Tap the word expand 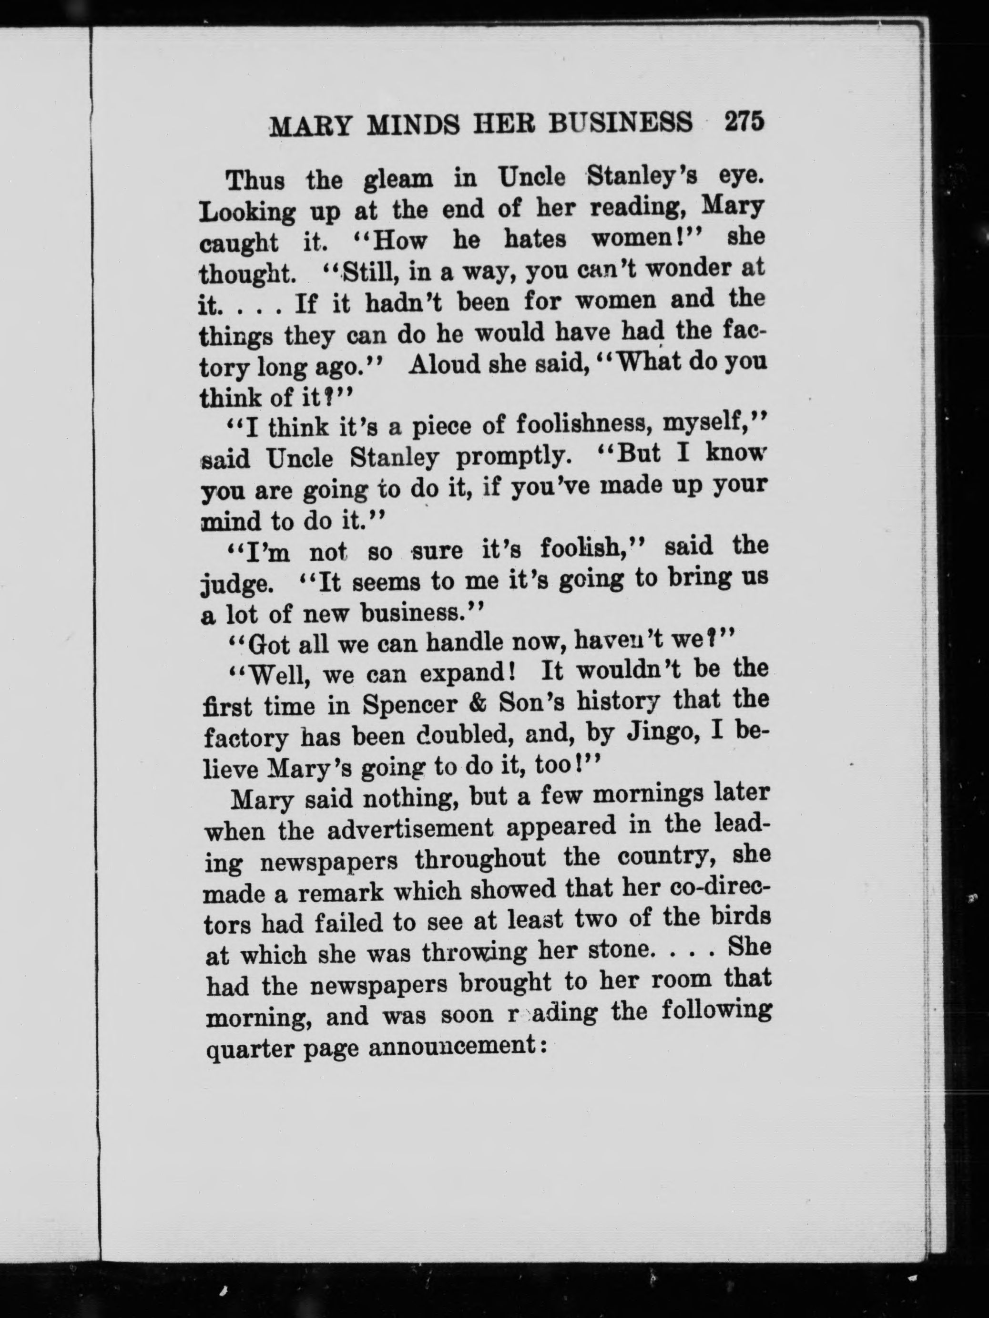[465, 673]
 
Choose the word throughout [480, 860]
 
